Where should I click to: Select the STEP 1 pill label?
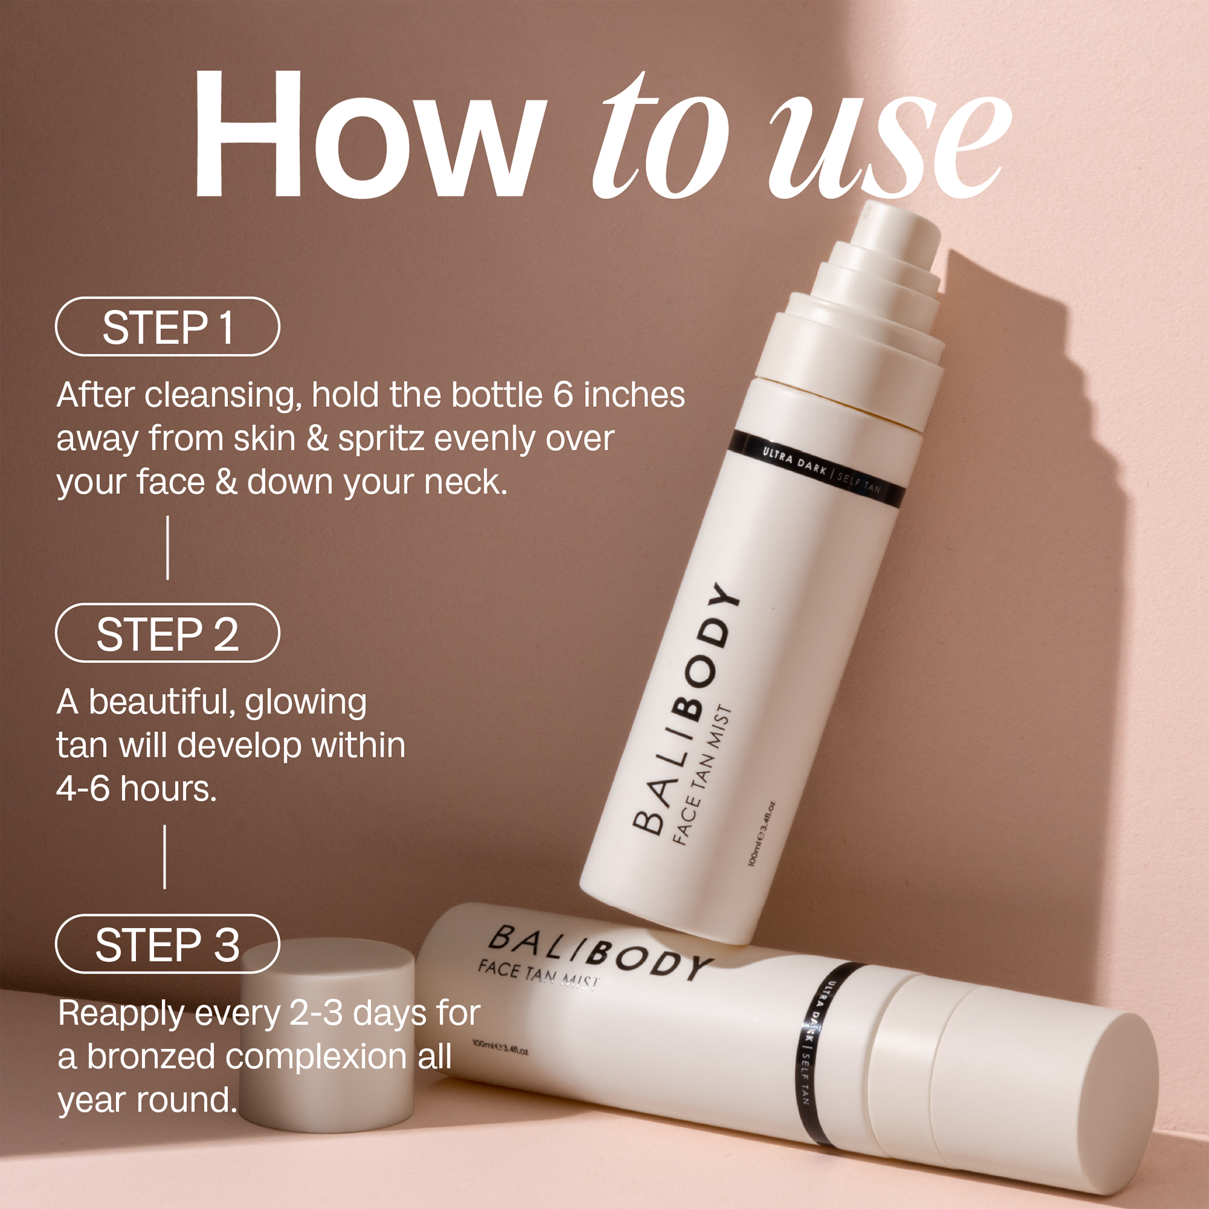(167, 326)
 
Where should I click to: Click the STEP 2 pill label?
(167, 633)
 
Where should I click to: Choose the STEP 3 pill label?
(167, 944)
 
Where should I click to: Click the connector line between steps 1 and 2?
(167, 548)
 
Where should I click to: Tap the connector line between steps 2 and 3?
(164, 856)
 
